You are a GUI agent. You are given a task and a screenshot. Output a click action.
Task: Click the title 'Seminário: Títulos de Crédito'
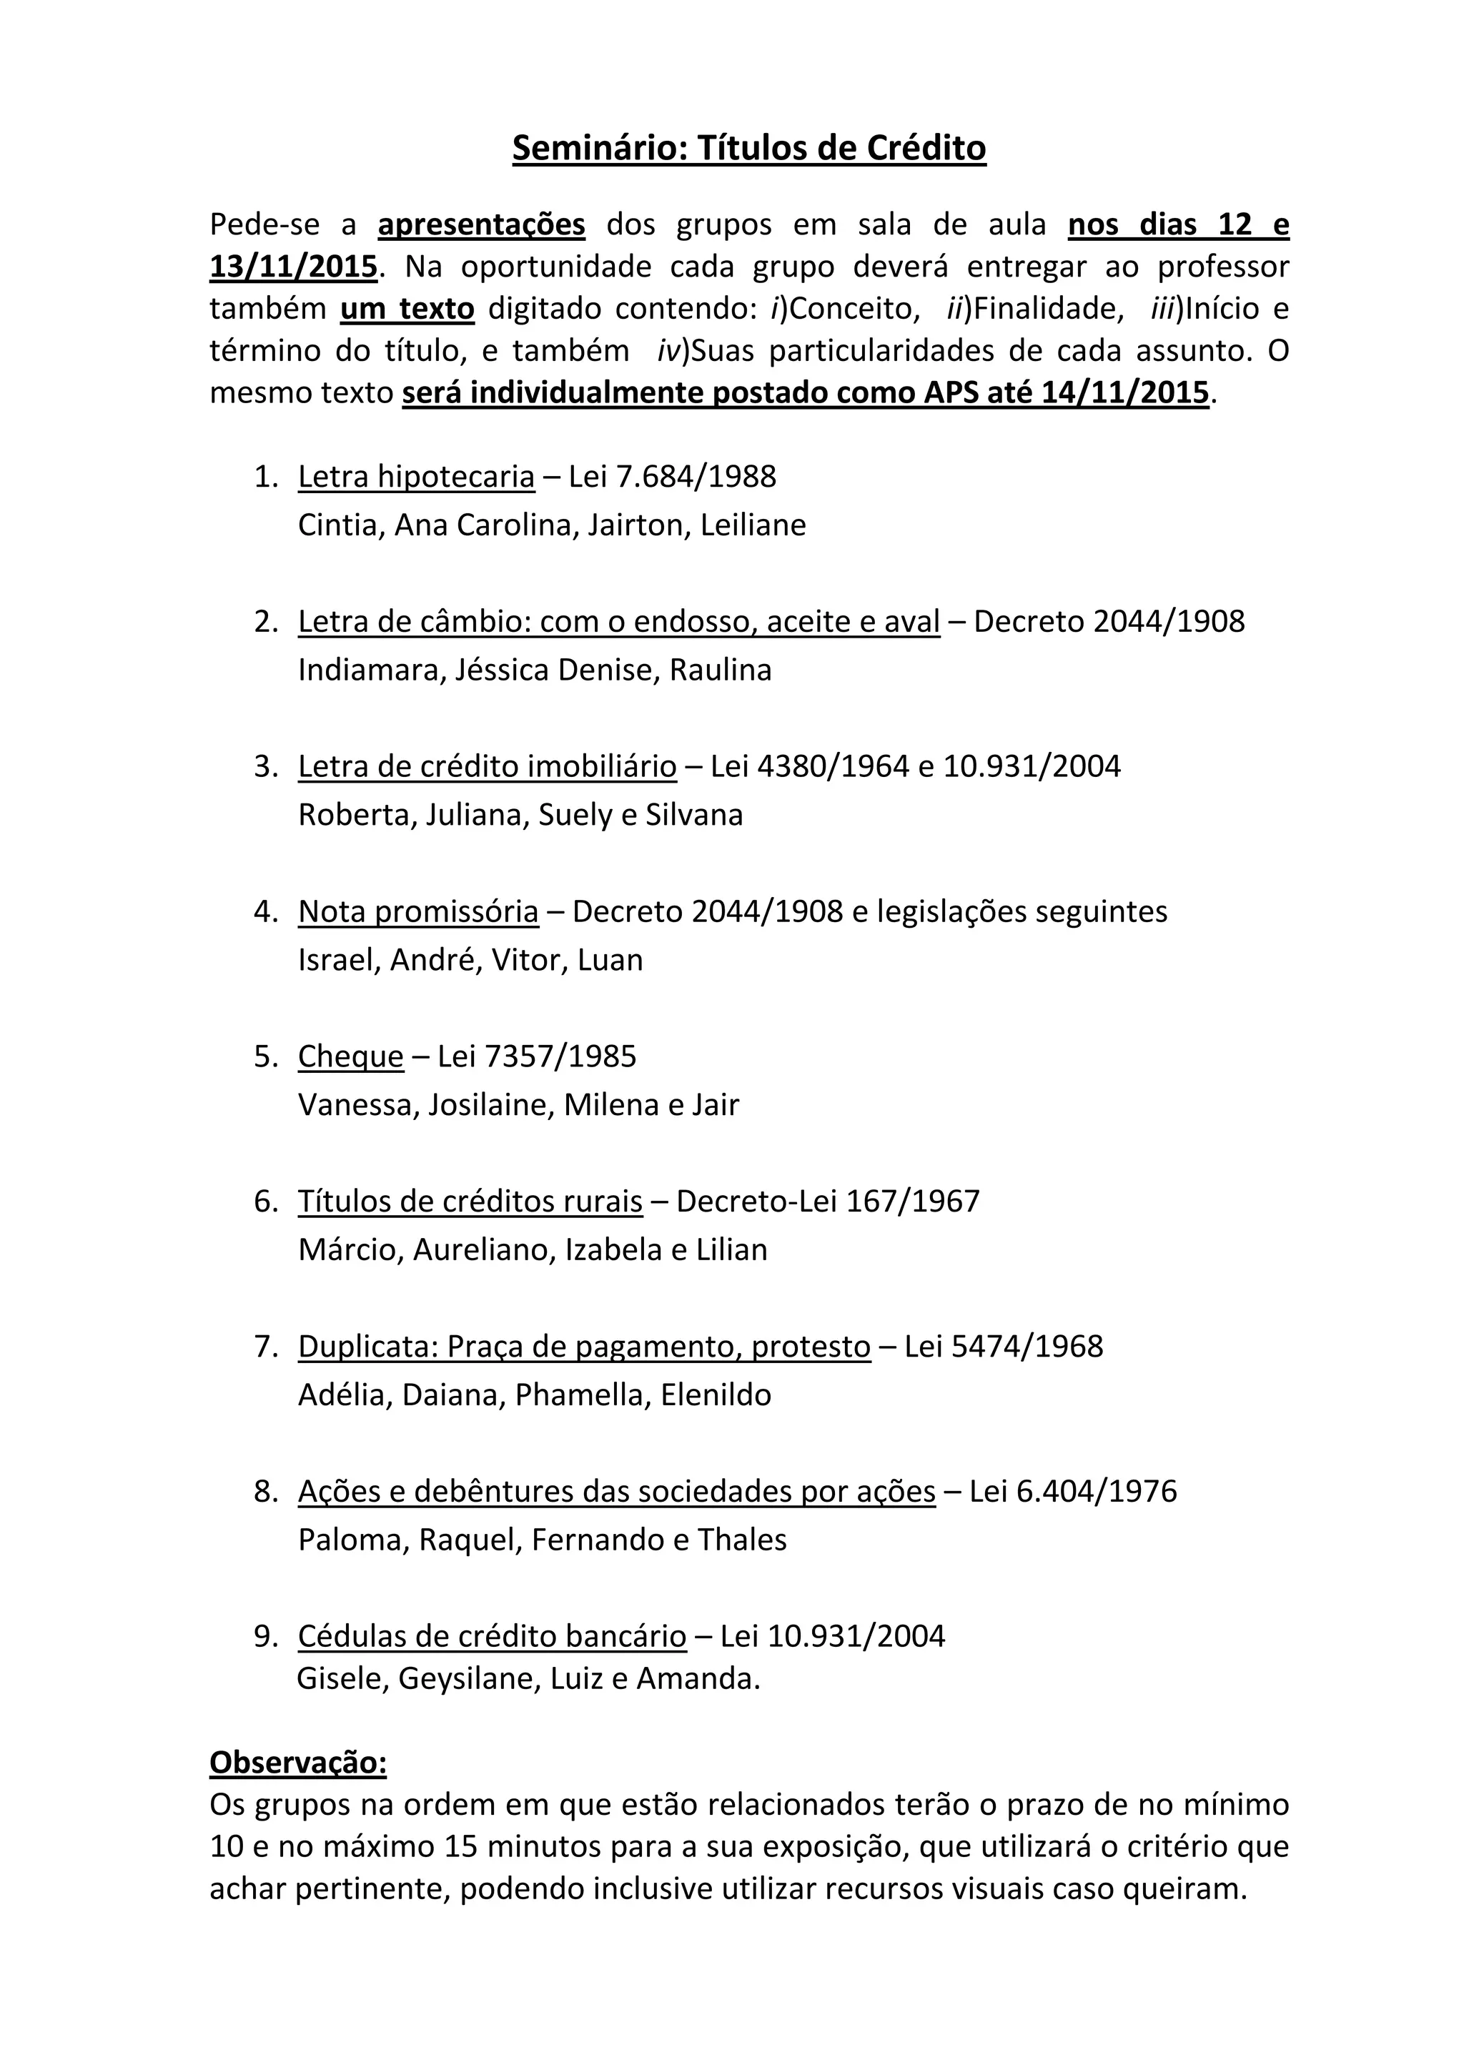749,148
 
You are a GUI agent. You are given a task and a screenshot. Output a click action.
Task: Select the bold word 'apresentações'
481,224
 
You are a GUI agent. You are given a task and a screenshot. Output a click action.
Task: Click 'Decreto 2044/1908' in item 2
1109,621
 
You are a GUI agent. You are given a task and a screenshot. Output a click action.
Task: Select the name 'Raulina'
721,670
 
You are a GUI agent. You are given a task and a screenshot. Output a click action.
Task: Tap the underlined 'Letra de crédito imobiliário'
487,766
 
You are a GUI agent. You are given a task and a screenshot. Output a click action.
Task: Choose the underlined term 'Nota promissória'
418,911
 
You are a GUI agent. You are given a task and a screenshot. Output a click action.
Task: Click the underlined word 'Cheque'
351,1056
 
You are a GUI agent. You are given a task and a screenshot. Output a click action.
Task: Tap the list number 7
265,1347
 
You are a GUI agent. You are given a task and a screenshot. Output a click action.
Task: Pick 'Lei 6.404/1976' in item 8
1073,1492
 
